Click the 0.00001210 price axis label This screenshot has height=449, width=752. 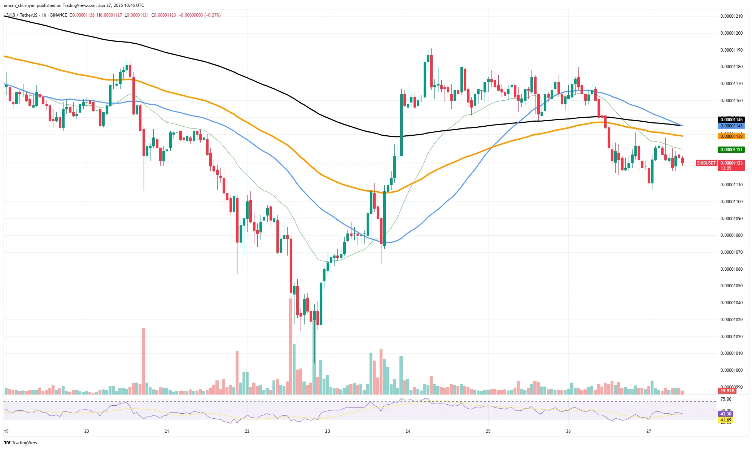point(731,16)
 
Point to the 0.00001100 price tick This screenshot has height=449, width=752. point(731,202)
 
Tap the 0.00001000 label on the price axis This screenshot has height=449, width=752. point(731,370)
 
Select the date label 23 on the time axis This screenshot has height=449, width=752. point(327,431)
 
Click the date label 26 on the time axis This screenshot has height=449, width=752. point(568,431)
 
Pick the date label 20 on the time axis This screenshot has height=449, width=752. point(87,431)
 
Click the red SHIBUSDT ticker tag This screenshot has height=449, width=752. point(706,163)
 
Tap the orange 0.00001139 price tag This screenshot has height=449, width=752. point(731,136)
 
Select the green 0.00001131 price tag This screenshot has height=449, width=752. point(731,150)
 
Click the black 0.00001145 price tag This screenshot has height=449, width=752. point(731,120)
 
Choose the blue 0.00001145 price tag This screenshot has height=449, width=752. point(731,126)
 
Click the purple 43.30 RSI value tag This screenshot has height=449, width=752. point(726,414)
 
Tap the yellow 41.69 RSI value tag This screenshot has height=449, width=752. point(726,420)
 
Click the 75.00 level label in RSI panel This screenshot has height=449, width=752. point(726,399)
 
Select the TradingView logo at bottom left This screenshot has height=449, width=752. point(21,443)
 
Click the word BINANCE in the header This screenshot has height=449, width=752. point(58,15)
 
